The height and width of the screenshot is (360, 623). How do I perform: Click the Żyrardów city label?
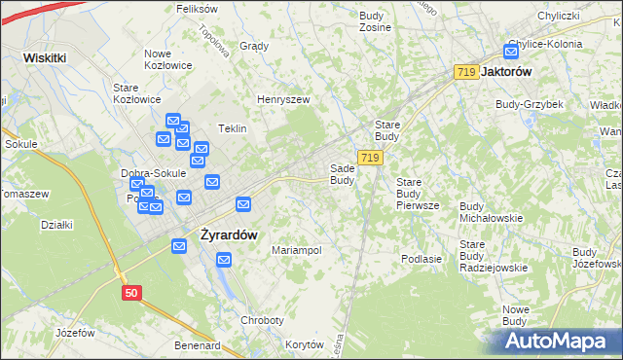pyautogui.click(x=229, y=234)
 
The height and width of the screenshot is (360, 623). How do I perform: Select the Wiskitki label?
pyautogui.click(x=45, y=57)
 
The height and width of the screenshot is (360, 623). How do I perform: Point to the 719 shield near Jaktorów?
pyautogui.click(x=466, y=72)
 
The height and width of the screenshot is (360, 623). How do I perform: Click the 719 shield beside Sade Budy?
pyautogui.click(x=369, y=157)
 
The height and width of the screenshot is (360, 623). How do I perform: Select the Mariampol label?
pyautogui.click(x=297, y=250)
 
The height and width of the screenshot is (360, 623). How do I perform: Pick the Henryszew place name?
pyautogui.click(x=282, y=99)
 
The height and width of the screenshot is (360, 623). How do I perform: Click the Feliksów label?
pyautogui.click(x=197, y=8)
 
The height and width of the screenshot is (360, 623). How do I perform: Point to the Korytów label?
pyautogui.click(x=304, y=344)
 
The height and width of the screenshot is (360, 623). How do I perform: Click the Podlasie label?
pyautogui.click(x=421, y=259)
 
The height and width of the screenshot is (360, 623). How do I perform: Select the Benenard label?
pyautogui.click(x=198, y=344)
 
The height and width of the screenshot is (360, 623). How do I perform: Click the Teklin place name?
pyautogui.click(x=232, y=128)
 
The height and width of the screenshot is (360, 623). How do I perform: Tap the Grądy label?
pyautogui.click(x=254, y=46)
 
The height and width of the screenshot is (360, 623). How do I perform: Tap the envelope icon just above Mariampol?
pyautogui.click(x=224, y=260)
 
